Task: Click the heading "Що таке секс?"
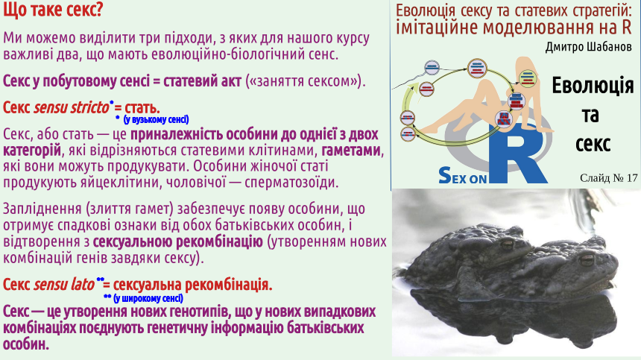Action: click(53, 10)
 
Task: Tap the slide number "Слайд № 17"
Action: click(608, 177)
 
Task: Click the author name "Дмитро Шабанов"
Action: click(589, 46)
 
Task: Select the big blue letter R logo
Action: click(517, 153)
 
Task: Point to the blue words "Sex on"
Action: click(462, 176)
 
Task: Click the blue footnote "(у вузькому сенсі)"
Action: click(156, 119)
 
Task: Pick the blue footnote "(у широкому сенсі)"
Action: click(148, 298)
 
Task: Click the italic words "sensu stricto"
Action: click(71, 107)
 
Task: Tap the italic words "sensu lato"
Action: click(64, 285)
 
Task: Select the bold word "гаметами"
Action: click(351, 151)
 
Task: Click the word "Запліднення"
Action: click(42, 209)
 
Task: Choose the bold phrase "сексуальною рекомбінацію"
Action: click(178, 241)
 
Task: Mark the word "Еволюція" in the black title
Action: click(593, 86)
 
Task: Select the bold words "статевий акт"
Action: click(202, 81)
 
